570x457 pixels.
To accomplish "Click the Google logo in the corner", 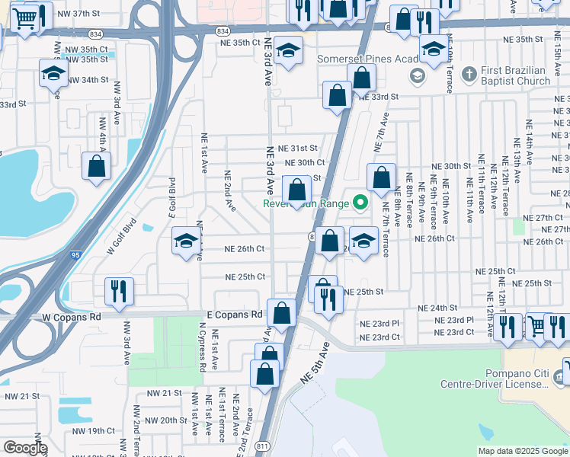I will pos(25,448).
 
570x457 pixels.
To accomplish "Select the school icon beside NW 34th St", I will pos(53,74).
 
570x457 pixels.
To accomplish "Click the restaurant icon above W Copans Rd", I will pos(118,291).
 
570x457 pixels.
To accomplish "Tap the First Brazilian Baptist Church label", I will pos(515,75).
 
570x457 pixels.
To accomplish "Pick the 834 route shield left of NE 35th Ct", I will pos(222,30).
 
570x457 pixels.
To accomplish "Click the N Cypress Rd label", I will pos(203,347).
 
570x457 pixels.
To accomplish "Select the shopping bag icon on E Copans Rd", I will pos(282,313).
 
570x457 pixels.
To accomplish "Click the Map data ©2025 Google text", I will pos(522,451).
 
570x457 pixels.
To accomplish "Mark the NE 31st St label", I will pos(297,148).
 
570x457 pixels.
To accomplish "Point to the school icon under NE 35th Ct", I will pos(288,51).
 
